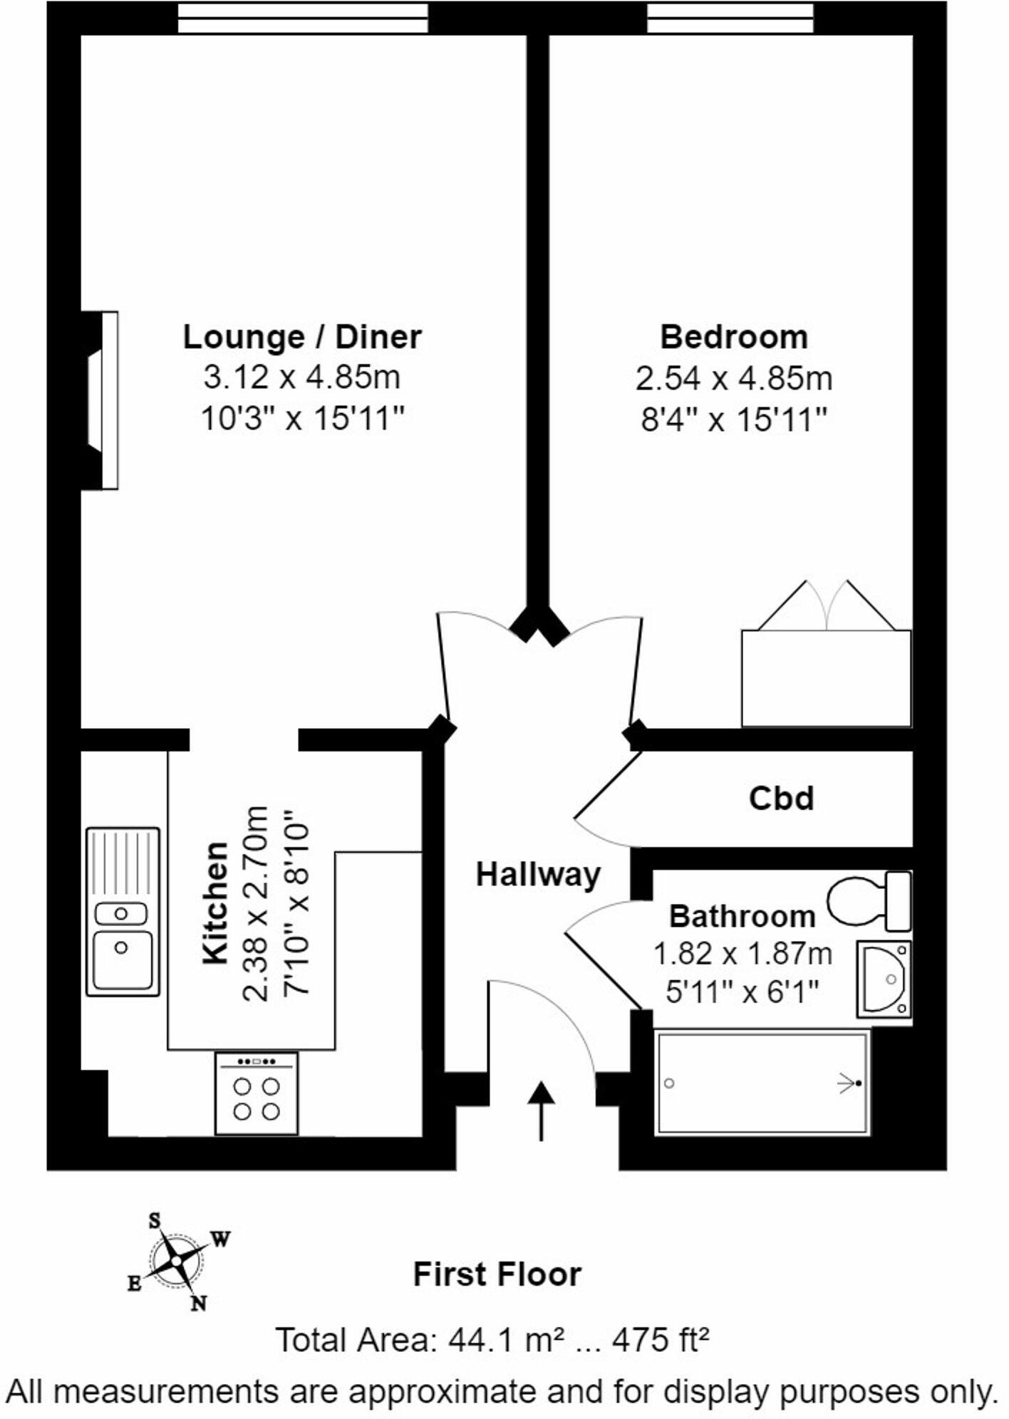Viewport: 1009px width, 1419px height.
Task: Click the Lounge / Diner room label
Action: (302, 337)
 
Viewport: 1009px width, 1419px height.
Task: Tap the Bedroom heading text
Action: (733, 337)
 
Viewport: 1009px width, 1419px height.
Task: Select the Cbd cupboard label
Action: (781, 799)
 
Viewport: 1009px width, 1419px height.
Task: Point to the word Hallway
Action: (538, 874)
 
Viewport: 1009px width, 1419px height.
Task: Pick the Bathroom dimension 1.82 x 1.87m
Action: (742, 953)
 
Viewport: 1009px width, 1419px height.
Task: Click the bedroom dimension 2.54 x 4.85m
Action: (733, 378)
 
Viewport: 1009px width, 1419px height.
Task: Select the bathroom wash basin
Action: (884, 979)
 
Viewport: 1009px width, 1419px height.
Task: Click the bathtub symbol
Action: (762, 1083)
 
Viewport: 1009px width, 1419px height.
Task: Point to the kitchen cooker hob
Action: (257, 1094)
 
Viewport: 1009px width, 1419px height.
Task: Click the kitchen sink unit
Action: (123, 911)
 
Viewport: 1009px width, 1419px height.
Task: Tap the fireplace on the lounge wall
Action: (101, 400)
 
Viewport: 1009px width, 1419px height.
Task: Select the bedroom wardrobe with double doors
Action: (826, 677)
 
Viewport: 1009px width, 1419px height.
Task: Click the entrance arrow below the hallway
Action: (542, 1111)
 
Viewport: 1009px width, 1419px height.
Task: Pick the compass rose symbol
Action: (177, 1262)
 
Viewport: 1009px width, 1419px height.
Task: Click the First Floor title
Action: (497, 1274)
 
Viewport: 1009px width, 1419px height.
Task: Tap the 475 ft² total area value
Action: (661, 1340)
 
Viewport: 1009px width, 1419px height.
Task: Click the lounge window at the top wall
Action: (303, 18)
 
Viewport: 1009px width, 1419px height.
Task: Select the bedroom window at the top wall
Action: (730, 18)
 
